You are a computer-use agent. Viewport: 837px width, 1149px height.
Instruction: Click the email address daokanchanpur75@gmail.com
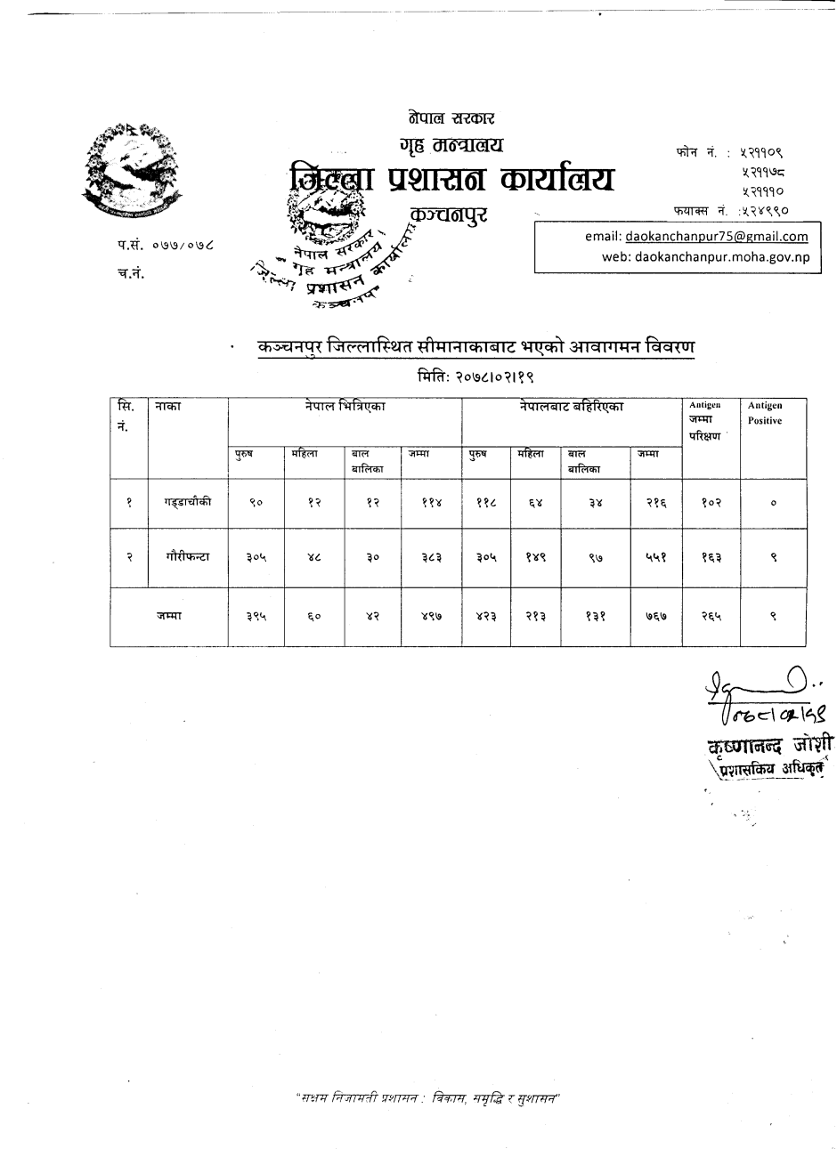(x=717, y=237)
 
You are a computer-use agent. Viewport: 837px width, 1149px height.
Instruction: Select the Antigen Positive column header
(x=765, y=413)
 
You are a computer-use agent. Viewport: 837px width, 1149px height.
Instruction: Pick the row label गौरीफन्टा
(x=187, y=557)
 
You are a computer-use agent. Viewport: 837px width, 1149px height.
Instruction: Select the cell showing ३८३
(x=430, y=557)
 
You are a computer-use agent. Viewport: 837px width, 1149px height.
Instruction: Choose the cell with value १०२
(x=710, y=502)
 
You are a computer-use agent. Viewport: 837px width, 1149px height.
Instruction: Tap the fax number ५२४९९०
(x=764, y=212)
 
